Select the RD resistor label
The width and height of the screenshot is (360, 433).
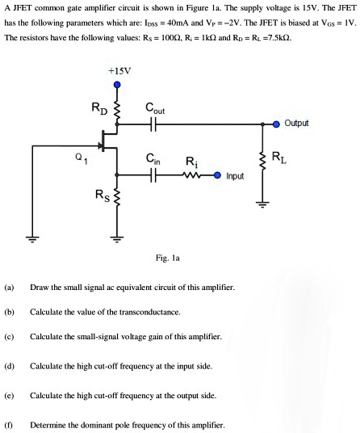pos(98,108)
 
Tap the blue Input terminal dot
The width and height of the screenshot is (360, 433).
pos(218,174)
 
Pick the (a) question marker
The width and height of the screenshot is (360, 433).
pos(9,288)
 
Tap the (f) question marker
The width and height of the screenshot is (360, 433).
pos(9,424)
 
